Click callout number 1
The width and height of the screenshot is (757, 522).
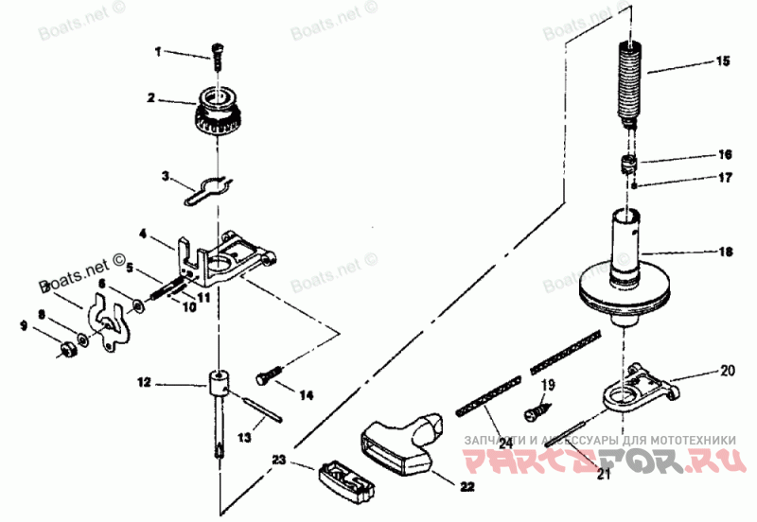(159, 51)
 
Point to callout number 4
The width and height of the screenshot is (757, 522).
(143, 233)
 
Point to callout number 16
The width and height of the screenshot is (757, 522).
(725, 153)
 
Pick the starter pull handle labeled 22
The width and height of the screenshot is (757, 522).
(400, 440)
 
